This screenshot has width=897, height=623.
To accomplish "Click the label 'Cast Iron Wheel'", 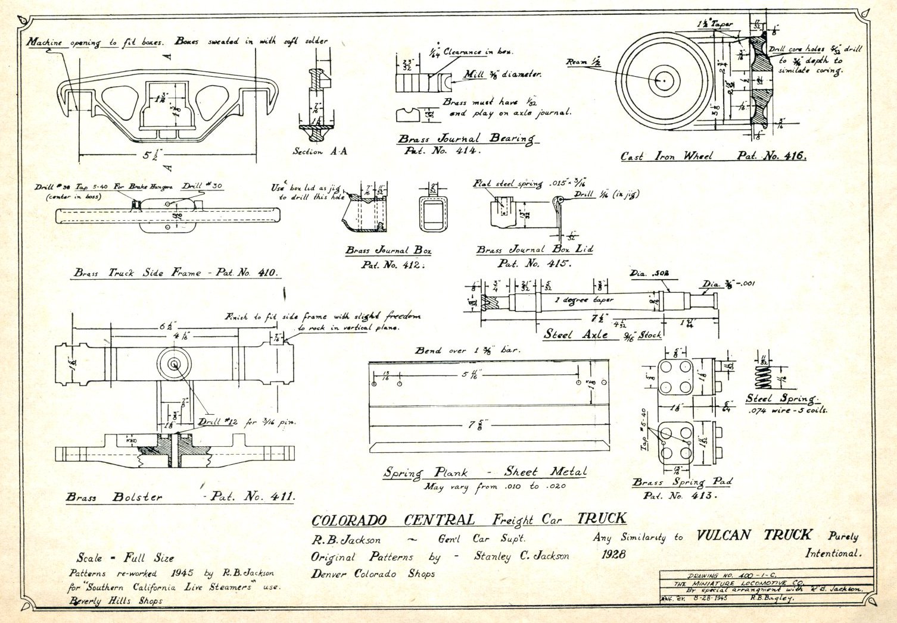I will pos(666,156).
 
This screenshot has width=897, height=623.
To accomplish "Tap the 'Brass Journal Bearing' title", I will pos(466,139).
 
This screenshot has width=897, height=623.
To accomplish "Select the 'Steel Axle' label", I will pos(575,334).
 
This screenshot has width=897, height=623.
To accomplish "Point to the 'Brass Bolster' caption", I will pos(114,497).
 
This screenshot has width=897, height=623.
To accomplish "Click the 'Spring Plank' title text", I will pos(426,473).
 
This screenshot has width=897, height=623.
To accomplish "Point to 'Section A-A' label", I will pos(319,152).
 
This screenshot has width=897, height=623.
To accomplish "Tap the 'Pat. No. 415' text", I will pos(534,264).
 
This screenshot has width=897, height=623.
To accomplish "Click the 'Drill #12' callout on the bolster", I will pos(218,422).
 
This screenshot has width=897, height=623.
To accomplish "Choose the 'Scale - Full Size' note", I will pos(125,558).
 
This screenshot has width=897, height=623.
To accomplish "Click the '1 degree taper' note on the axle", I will pos(584,300).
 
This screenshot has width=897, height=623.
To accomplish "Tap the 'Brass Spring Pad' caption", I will pos(682,482).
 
